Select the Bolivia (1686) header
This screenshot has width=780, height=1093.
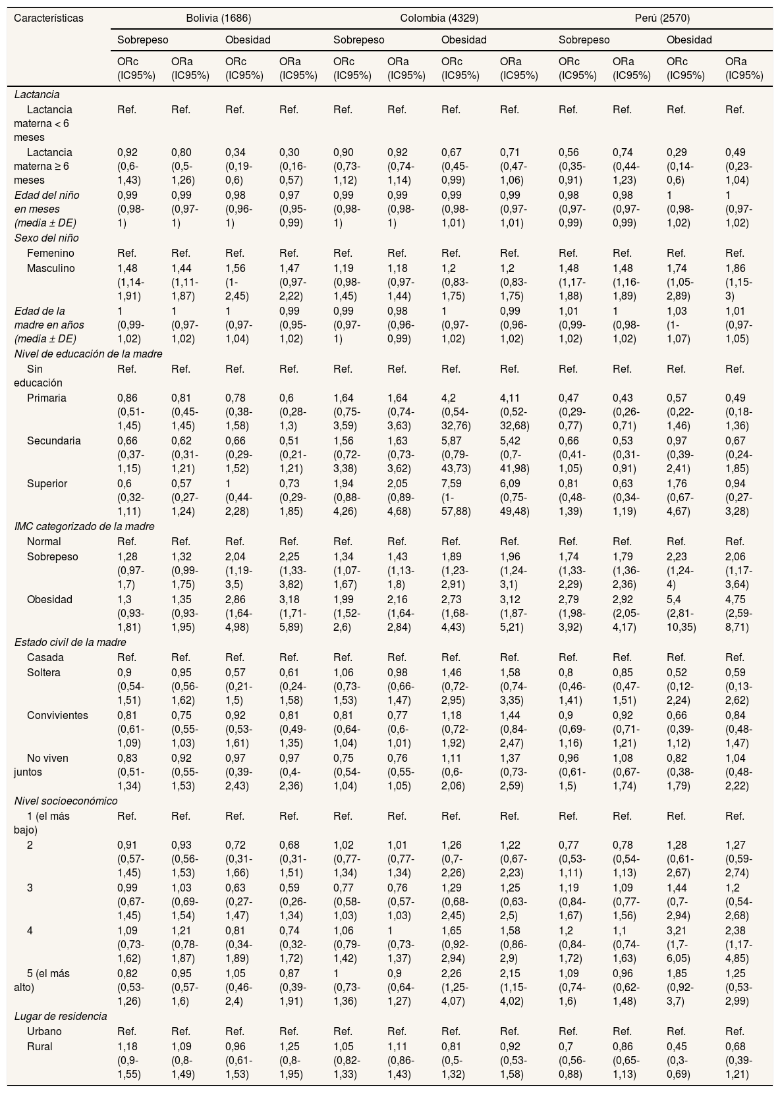pyautogui.click(x=218, y=18)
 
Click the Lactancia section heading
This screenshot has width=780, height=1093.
pyautogui.click(x=37, y=94)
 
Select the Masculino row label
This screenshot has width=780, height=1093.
pyautogui.click(x=51, y=268)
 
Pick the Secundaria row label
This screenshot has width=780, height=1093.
pyautogui.click(x=54, y=440)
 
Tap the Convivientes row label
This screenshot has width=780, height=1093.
pyautogui.click(x=57, y=715)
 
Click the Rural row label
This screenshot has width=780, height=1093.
pyautogui.click(x=40, y=1046)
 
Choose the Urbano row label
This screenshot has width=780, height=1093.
pyautogui.click(x=45, y=1031)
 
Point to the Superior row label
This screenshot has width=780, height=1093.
pyautogui.click(x=47, y=483)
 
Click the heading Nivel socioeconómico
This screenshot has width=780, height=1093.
pyautogui.click(x=66, y=801)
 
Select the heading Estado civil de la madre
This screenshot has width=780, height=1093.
pyautogui.click(x=70, y=642)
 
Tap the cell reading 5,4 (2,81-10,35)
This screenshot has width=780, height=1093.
pyautogui.click(x=682, y=613)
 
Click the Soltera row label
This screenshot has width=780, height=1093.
pyautogui.click(x=43, y=672)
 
